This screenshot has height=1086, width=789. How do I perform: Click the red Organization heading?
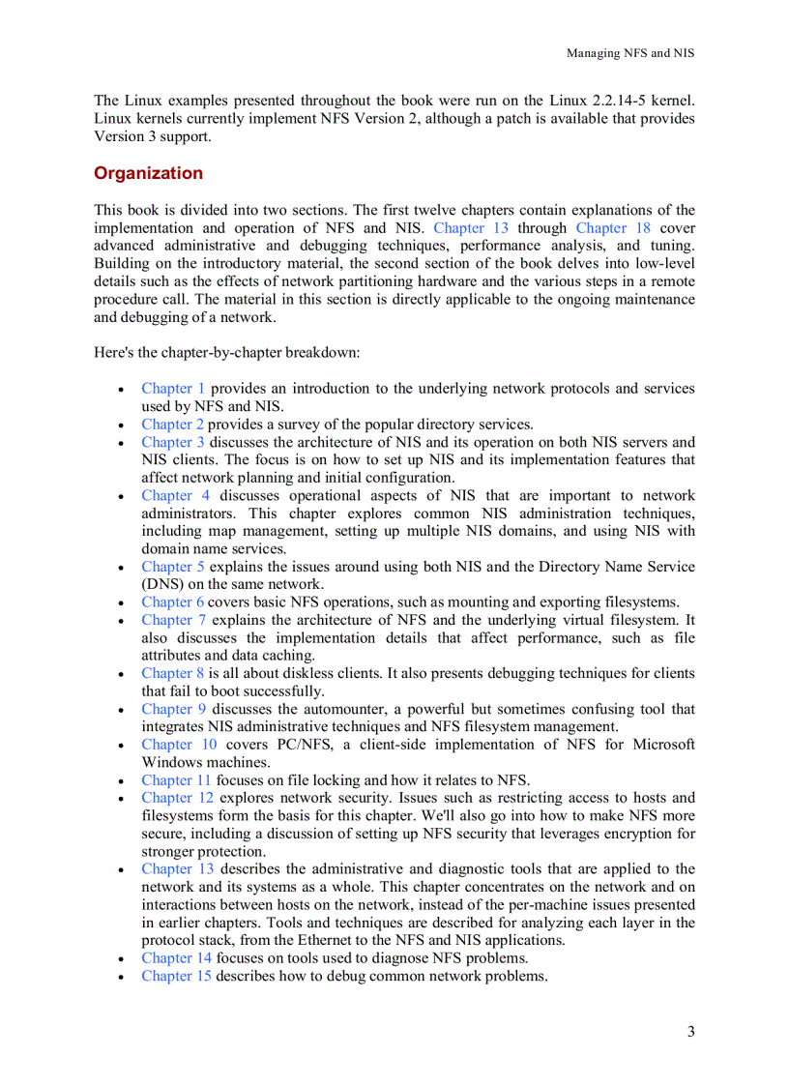(148, 173)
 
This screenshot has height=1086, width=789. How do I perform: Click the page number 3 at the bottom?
(690, 1031)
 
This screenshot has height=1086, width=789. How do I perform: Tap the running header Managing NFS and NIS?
(629, 53)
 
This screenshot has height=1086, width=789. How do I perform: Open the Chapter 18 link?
(613, 228)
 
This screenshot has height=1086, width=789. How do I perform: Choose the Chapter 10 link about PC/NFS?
(179, 744)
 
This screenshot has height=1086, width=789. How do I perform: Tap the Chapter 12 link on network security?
(177, 798)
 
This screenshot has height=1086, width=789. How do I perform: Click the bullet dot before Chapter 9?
(119, 710)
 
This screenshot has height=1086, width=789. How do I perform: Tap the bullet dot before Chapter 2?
(119, 426)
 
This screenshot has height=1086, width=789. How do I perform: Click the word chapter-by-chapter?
(230, 353)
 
